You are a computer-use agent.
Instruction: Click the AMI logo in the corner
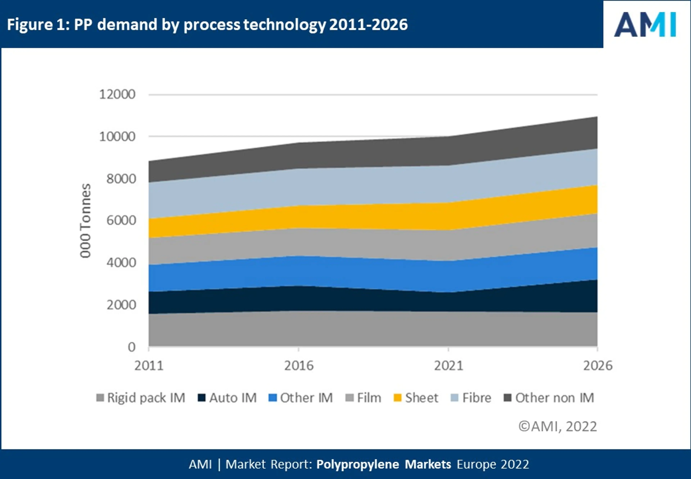pos(645,25)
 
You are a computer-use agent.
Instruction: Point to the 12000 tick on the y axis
pos(117,95)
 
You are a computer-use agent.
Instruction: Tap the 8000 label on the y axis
pos(121,179)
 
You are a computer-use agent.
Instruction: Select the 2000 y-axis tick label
pos(121,305)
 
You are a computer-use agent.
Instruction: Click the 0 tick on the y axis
pos(132,347)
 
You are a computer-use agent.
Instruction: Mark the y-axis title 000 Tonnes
pos(85,221)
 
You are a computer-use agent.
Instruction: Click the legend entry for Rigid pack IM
pos(141,398)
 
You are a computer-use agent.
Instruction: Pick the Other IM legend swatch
pos(273,398)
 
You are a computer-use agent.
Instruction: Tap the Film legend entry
pos(363,398)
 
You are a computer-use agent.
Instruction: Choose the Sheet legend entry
pos(416,398)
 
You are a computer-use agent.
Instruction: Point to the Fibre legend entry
pos(471,398)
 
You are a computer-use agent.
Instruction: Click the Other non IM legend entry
pos(549,398)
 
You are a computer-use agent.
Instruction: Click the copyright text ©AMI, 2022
pos(558,427)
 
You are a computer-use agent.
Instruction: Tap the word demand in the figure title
pos(127,25)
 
